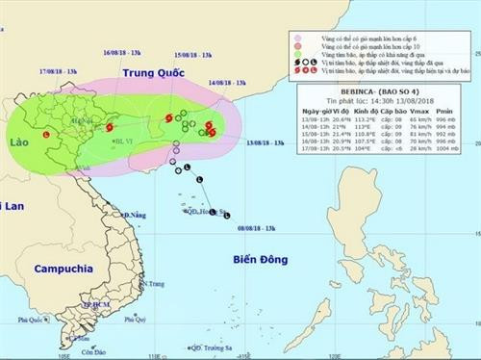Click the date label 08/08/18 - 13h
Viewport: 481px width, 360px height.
click(261, 228)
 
